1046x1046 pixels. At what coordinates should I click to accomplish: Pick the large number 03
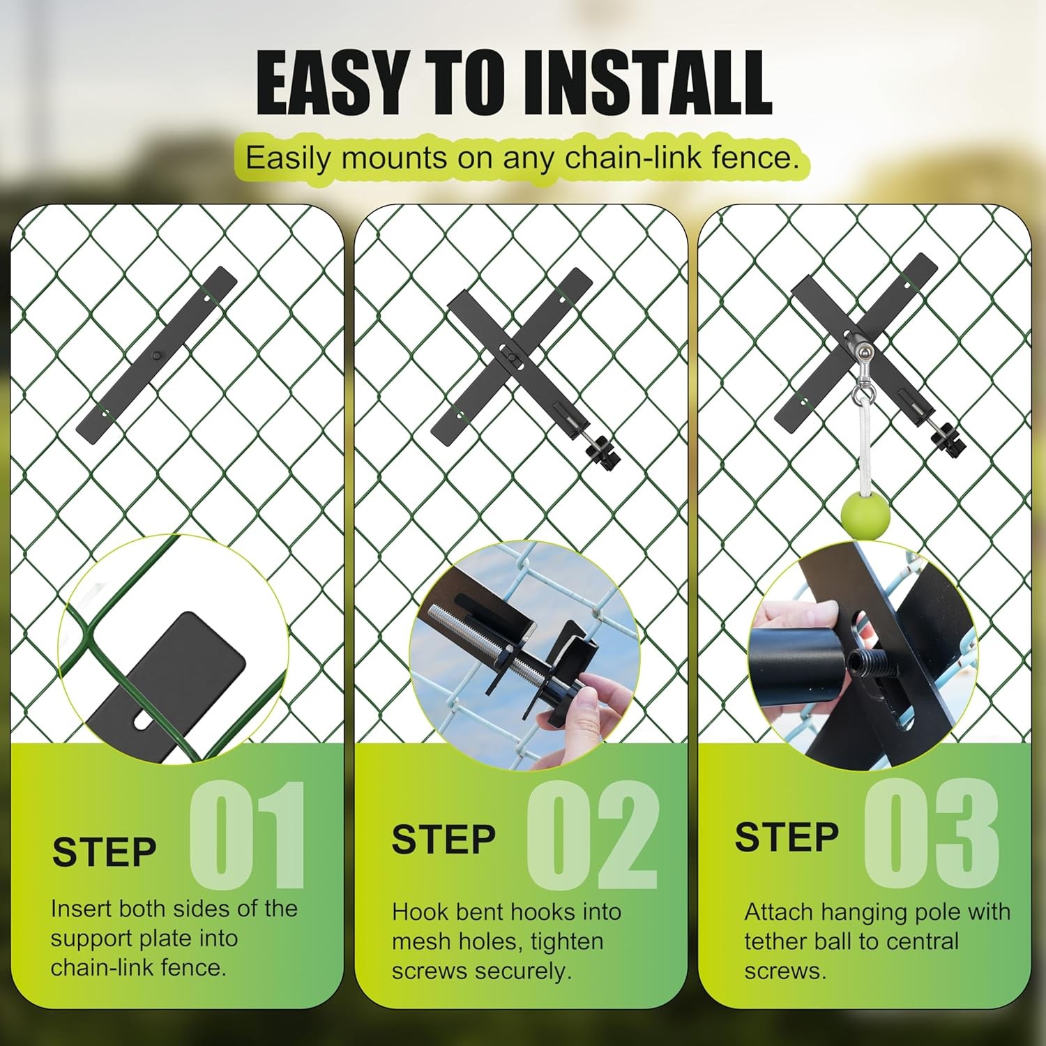tap(932, 833)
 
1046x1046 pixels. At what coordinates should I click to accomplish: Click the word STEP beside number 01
tap(105, 851)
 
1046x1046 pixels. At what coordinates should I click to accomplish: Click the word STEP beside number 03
tap(787, 837)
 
